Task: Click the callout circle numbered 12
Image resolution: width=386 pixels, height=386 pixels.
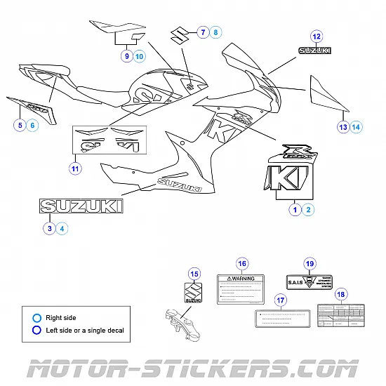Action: [x=317, y=36]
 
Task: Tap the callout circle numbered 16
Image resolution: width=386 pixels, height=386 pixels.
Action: [x=242, y=264]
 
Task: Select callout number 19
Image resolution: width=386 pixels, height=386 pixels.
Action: [x=309, y=263]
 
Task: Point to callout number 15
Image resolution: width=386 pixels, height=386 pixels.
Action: [x=195, y=274]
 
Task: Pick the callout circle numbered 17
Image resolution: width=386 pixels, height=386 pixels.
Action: [x=281, y=300]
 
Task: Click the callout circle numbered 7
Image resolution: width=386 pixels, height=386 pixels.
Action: [x=202, y=32]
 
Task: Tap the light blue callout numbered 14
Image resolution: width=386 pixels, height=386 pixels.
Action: [x=356, y=127]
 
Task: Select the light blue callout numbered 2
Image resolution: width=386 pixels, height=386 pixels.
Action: [x=309, y=209]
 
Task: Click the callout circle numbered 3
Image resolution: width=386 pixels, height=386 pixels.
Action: [x=49, y=227]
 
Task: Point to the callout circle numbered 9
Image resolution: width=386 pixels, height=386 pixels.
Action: [x=126, y=55]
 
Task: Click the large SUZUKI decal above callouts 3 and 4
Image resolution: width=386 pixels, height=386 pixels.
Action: [x=81, y=206]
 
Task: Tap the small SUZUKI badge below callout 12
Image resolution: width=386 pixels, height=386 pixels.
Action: [x=317, y=51]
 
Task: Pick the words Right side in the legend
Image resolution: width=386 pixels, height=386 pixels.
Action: [x=61, y=317]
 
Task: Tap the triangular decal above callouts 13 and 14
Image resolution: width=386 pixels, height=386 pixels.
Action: [x=328, y=94]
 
